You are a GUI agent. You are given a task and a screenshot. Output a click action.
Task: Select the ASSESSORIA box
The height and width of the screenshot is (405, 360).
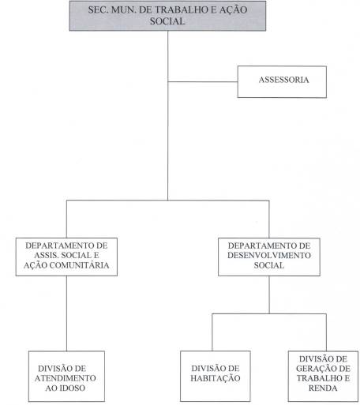(x=282, y=82)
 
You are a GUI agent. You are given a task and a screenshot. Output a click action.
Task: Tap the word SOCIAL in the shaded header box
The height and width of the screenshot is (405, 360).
(x=167, y=21)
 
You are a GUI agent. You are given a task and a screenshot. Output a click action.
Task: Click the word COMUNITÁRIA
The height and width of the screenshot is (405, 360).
(x=79, y=265)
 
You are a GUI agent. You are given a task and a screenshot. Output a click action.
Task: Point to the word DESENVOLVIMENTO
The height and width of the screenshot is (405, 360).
(x=269, y=255)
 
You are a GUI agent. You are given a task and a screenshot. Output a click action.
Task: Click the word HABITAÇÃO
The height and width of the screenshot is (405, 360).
(x=216, y=378)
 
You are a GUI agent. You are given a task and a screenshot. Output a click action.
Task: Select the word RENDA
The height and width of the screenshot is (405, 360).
(x=323, y=388)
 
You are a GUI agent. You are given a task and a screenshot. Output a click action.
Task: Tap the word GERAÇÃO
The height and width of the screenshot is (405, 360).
(x=313, y=369)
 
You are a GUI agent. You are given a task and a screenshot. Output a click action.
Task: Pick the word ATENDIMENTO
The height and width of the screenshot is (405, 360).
(x=66, y=378)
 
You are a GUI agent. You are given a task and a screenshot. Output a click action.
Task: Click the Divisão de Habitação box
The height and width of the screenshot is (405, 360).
(x=216, y=376)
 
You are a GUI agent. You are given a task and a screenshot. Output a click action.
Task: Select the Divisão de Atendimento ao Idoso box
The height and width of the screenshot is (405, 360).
(x=66, y=377)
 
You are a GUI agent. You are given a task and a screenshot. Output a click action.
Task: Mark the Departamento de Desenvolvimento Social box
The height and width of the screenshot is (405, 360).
(x=269, y=257)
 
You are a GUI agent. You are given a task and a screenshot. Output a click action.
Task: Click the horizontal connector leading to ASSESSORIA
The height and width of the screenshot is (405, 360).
(x=203, y=82)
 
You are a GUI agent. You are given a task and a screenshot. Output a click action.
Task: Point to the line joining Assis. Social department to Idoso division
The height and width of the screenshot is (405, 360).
(x=66, y=313)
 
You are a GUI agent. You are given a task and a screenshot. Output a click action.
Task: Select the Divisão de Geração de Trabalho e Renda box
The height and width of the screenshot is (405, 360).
(x=323, y=376)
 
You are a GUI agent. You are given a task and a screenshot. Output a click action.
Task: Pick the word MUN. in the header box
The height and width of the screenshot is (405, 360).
(x=123, y=10)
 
